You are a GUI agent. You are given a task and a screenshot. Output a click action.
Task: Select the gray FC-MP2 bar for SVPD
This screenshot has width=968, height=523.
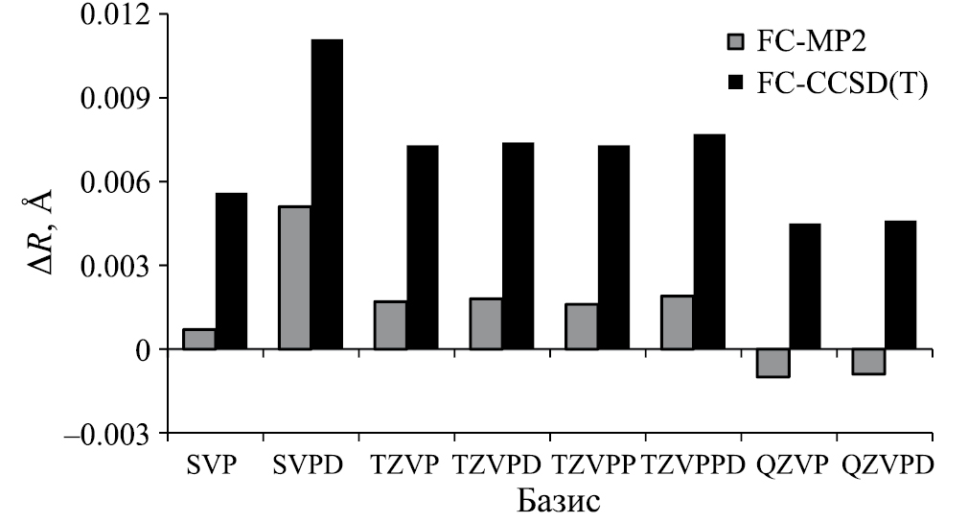tap(294, 277)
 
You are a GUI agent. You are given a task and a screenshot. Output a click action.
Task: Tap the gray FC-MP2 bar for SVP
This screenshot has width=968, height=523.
tap(198, 339)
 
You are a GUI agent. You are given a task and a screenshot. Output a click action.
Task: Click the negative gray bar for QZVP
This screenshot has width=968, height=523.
tap(772, 363)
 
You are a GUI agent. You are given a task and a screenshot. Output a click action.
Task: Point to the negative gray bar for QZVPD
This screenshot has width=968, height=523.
tap(868, 361)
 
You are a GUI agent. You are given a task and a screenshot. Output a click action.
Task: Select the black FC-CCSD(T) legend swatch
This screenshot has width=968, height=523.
tap(736, 83)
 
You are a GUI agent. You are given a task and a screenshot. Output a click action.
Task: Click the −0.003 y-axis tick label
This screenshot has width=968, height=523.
tap(106, 434)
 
